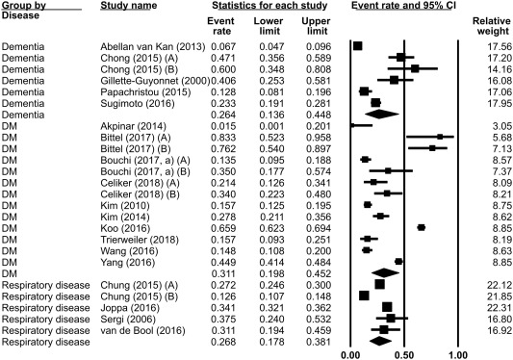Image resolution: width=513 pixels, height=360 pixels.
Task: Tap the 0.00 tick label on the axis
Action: pyautogui.click(x=351, y=353)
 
